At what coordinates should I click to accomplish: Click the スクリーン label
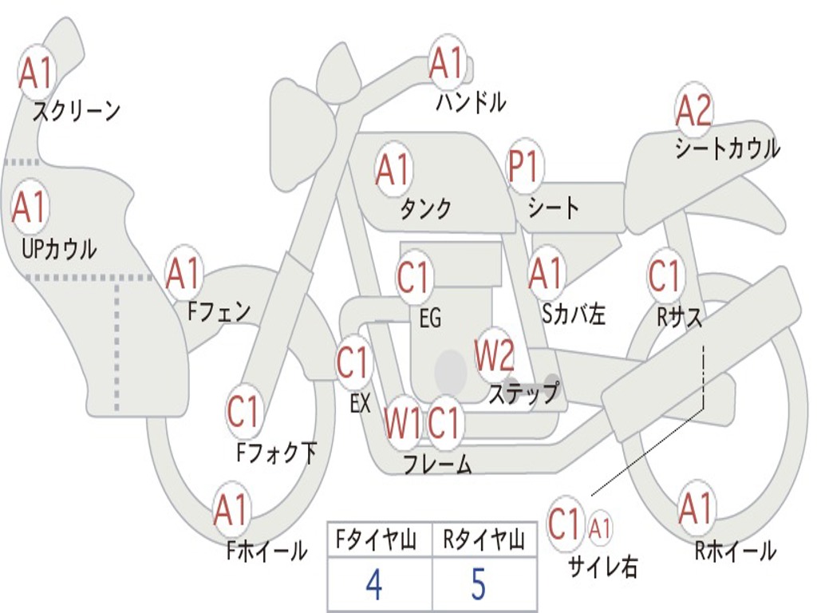pyautogui.click(x=76, y=111)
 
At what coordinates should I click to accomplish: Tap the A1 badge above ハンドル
pyautogui.click(x=446, y=63)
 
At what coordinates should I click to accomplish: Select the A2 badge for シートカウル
pyautogui.click(x=693, y=111)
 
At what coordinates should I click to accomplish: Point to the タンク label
pyautogui.click(x=425, y=209)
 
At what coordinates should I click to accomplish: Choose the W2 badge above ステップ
pyautogui.click(x=495, y=355)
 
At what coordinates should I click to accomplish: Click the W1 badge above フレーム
pyautogui.click(x=401, y=422)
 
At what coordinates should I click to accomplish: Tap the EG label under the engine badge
pyautogui.click(x=429, y=318)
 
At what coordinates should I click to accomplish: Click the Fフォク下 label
pyautogui.click(x=276, y=453)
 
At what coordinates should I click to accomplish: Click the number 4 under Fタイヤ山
pyautogui.click(x=373, y=585)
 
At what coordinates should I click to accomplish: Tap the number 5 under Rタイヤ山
pyautogui.click(x=478, y=585)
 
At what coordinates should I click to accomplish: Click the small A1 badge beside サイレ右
pyautogui.click(x=600, y=527)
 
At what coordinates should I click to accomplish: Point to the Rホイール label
pyautogui.click(x=734, y=550)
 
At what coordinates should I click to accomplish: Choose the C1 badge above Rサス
pyautogui.click(x=664, y=276)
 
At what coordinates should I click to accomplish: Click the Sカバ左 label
pyautogui.click(x=573, y=314)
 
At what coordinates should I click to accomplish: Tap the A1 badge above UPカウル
pyautogui.click(x=30, y=208)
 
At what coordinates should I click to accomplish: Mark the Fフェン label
pyautogui.click(x=219, y=311)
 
